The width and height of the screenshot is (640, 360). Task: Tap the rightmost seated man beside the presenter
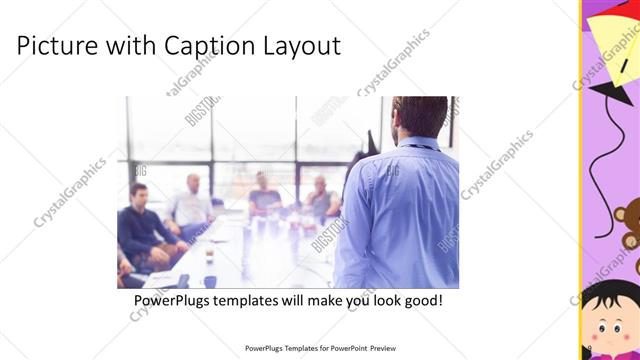point(320,197)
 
